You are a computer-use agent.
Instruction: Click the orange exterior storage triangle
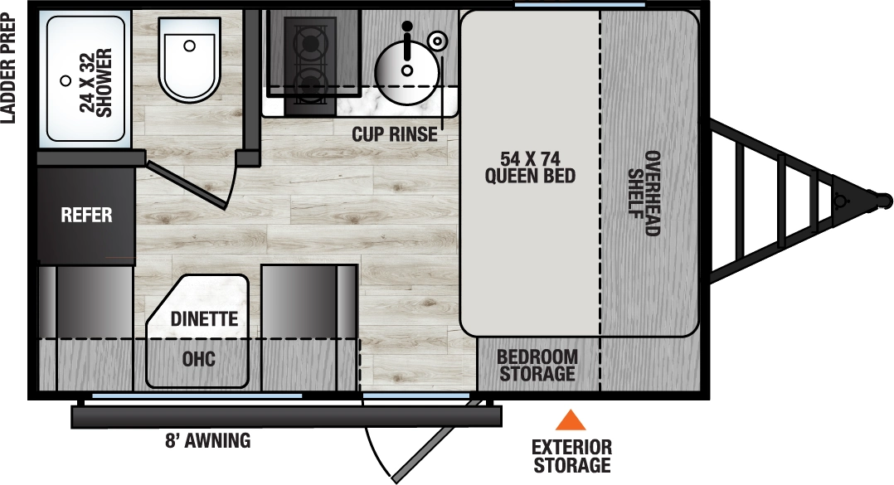(570, 420)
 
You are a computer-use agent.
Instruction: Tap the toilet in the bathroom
(190, 58)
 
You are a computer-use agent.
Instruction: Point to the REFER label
(86, 216)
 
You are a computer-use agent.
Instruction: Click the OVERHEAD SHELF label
(644, 192)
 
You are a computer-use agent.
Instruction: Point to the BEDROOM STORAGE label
(537, 365)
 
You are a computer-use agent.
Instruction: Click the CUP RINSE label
(394, 134)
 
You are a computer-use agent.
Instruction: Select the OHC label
(198, 359)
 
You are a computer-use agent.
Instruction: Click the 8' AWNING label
(207, 440)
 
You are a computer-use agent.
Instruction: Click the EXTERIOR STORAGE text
(572, 456)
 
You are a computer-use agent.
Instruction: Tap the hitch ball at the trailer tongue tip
(883, 200)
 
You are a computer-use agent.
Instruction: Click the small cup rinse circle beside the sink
(438, 38)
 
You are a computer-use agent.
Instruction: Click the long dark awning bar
(286, 416)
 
